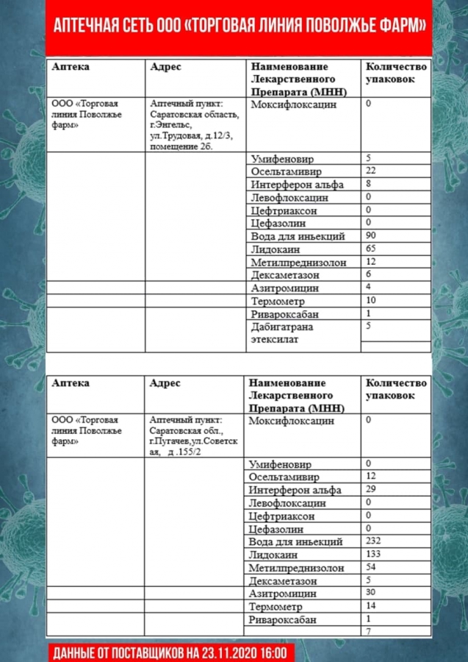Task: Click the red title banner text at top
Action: pos(239,27)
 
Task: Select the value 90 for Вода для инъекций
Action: pos(370,235)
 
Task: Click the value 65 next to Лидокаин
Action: pos(370,249)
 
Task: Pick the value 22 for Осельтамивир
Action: pos(370,171)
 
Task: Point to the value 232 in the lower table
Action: pos(373,541)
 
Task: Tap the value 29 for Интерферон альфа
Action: pos(370,489)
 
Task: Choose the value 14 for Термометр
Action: pos(370,605)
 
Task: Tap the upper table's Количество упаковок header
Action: pos(395,72)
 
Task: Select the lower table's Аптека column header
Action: pos(71,383)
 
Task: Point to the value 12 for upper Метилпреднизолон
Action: pos(370,261)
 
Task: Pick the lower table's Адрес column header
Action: pos(165,383)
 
